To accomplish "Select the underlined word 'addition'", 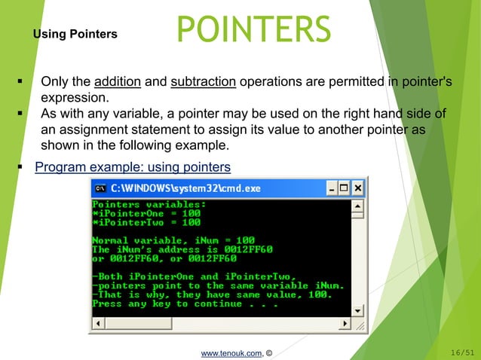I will pyautogui.click(x=118, y=81).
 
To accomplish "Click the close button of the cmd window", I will pyautogui.click(x=358, y=188).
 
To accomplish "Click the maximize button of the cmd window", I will pyautogui.click(x=344, y=188).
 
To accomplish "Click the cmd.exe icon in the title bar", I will pyautogui.click(x=99, y=188).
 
